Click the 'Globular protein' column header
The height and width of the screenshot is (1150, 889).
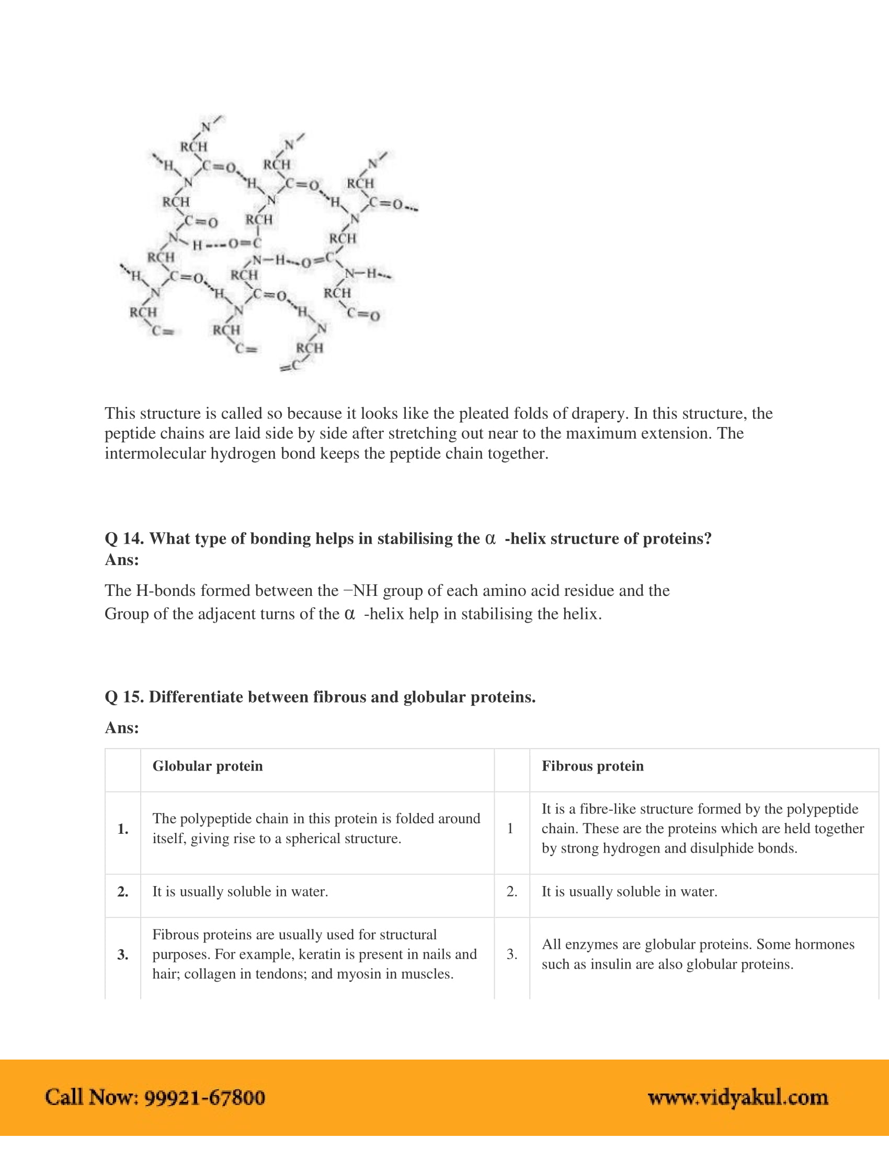(x=208, y=766)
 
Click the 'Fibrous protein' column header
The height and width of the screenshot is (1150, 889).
(x=592, y=766)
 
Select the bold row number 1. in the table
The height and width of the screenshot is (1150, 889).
(x=123, y=829)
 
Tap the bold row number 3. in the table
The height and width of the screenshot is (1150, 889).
(x=123, y=954)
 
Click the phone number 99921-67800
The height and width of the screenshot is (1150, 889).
(x=204, y=1097)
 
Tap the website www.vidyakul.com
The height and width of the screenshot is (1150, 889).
(x=738, y=1097)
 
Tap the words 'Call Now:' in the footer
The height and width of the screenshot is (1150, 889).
(x=92, y=1097)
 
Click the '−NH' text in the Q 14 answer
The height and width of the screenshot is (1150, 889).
(x=360, y=590)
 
